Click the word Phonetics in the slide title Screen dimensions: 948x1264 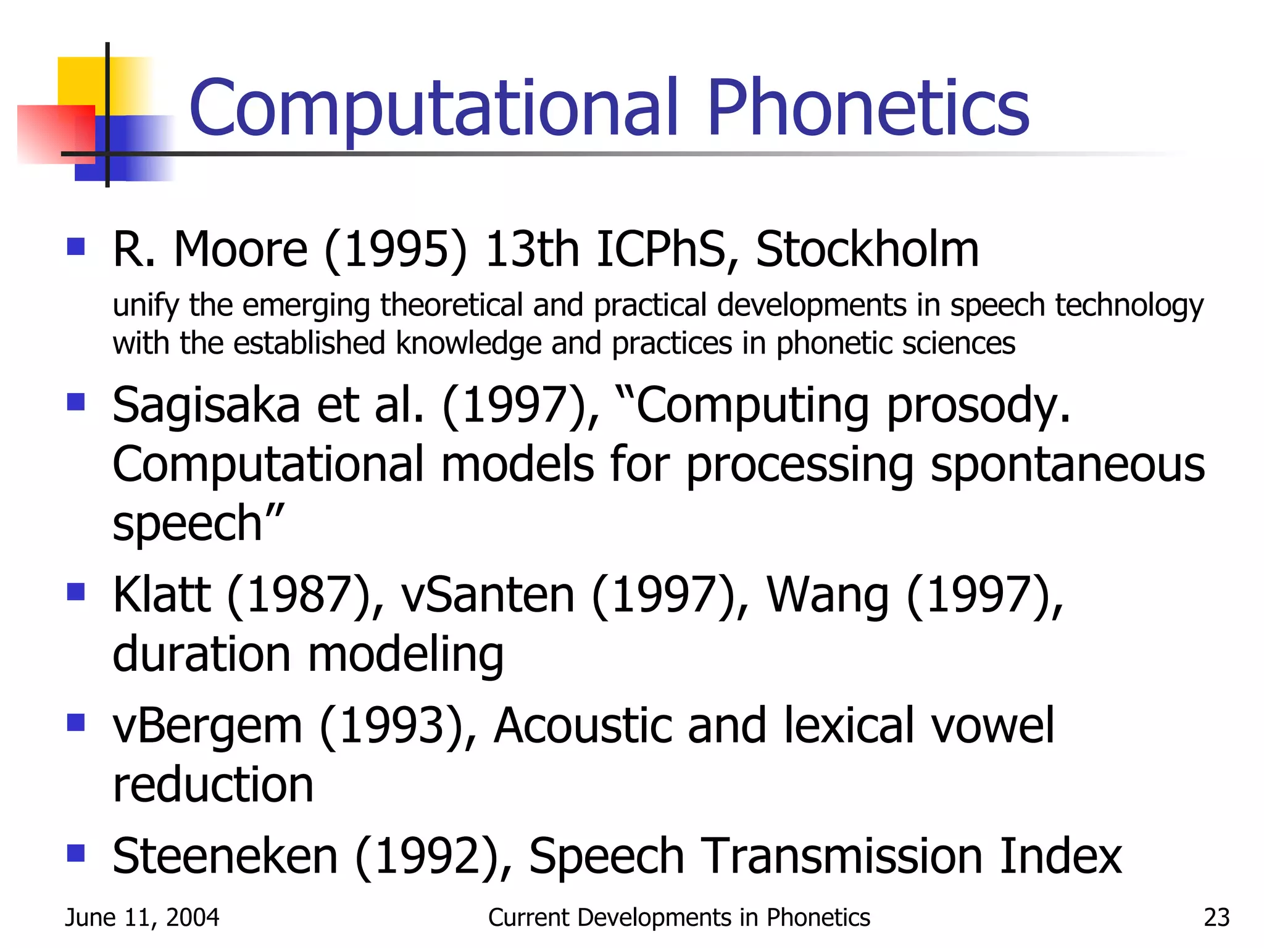868,108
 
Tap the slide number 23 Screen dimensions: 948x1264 1216,918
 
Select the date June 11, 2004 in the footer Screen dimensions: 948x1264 142,918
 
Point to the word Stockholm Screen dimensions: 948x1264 867,249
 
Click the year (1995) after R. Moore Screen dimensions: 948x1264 396,251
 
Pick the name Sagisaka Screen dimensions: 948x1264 206,406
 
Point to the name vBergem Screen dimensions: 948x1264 207,727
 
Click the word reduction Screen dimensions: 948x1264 213,785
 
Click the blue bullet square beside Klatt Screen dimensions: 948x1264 76,592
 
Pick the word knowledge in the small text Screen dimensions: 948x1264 468,344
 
